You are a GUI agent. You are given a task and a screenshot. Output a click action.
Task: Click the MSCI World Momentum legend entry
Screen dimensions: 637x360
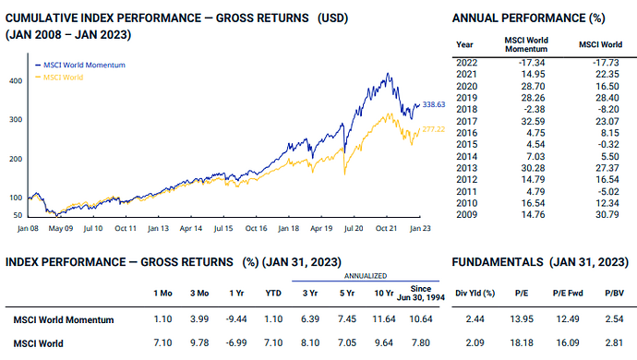tap(80, 65)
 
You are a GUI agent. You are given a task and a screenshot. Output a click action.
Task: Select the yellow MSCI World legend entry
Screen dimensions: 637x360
tap(59, 78)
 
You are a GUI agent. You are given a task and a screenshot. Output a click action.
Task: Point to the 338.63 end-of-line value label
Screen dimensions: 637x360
tap(434, 104)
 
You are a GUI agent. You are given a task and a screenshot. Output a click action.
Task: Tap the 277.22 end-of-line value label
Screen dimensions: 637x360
tap(434, 129)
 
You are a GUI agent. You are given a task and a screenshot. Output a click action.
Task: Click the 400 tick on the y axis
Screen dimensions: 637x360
tap(16, 81)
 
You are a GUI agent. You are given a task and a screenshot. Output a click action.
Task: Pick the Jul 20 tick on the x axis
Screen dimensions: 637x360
tap(354, 228)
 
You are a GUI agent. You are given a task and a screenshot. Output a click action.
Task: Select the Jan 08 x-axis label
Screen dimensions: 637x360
tap(28, 228)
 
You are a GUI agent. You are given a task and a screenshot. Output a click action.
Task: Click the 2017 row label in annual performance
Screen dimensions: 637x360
tap(466, 121)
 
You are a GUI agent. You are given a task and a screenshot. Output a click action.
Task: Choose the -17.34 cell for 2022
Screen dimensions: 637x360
tap(532, 63)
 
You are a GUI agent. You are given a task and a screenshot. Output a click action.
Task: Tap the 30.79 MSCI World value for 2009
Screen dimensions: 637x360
tap(607, 214)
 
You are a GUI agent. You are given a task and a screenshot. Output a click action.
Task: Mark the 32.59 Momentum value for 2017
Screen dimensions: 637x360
tap(534, 121)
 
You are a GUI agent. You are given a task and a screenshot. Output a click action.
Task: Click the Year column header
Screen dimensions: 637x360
tap(464, 44)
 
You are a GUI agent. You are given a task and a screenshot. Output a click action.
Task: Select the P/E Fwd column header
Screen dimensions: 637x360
tap(568, 293)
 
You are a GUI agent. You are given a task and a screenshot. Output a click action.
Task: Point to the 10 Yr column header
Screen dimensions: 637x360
tap(384, 293)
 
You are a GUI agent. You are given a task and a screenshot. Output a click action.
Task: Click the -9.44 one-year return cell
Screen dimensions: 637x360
tap(236, 319)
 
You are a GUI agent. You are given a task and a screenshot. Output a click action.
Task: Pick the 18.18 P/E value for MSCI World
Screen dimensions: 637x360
tap(522, 343)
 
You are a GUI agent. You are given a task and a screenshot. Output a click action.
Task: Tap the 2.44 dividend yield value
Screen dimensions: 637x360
tap(475, 319)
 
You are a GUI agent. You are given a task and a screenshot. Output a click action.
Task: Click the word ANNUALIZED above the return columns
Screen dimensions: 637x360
tap(366, 276)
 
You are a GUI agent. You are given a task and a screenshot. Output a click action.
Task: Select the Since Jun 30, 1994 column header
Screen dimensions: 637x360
tap(421, 293)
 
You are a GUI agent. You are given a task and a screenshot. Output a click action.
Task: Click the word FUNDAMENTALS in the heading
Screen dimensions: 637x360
tap(498, 262)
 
